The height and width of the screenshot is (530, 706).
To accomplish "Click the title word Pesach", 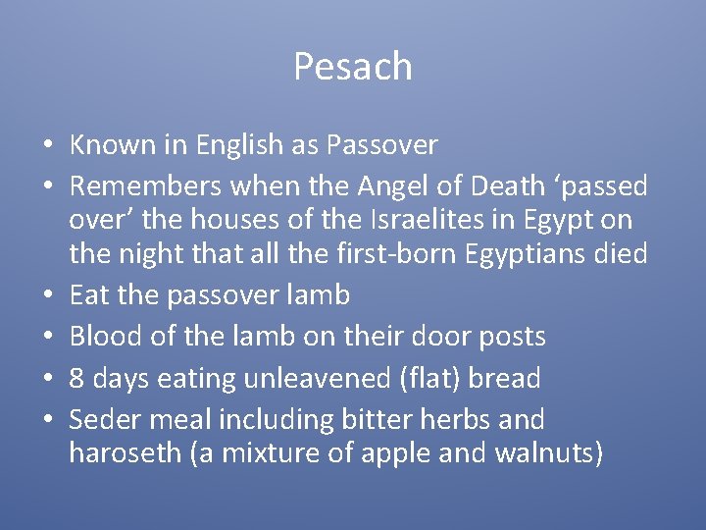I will coord(352,67).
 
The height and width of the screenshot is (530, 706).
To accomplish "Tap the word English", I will coord(240,145).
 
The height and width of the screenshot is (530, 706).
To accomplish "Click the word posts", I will coord(508,337).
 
